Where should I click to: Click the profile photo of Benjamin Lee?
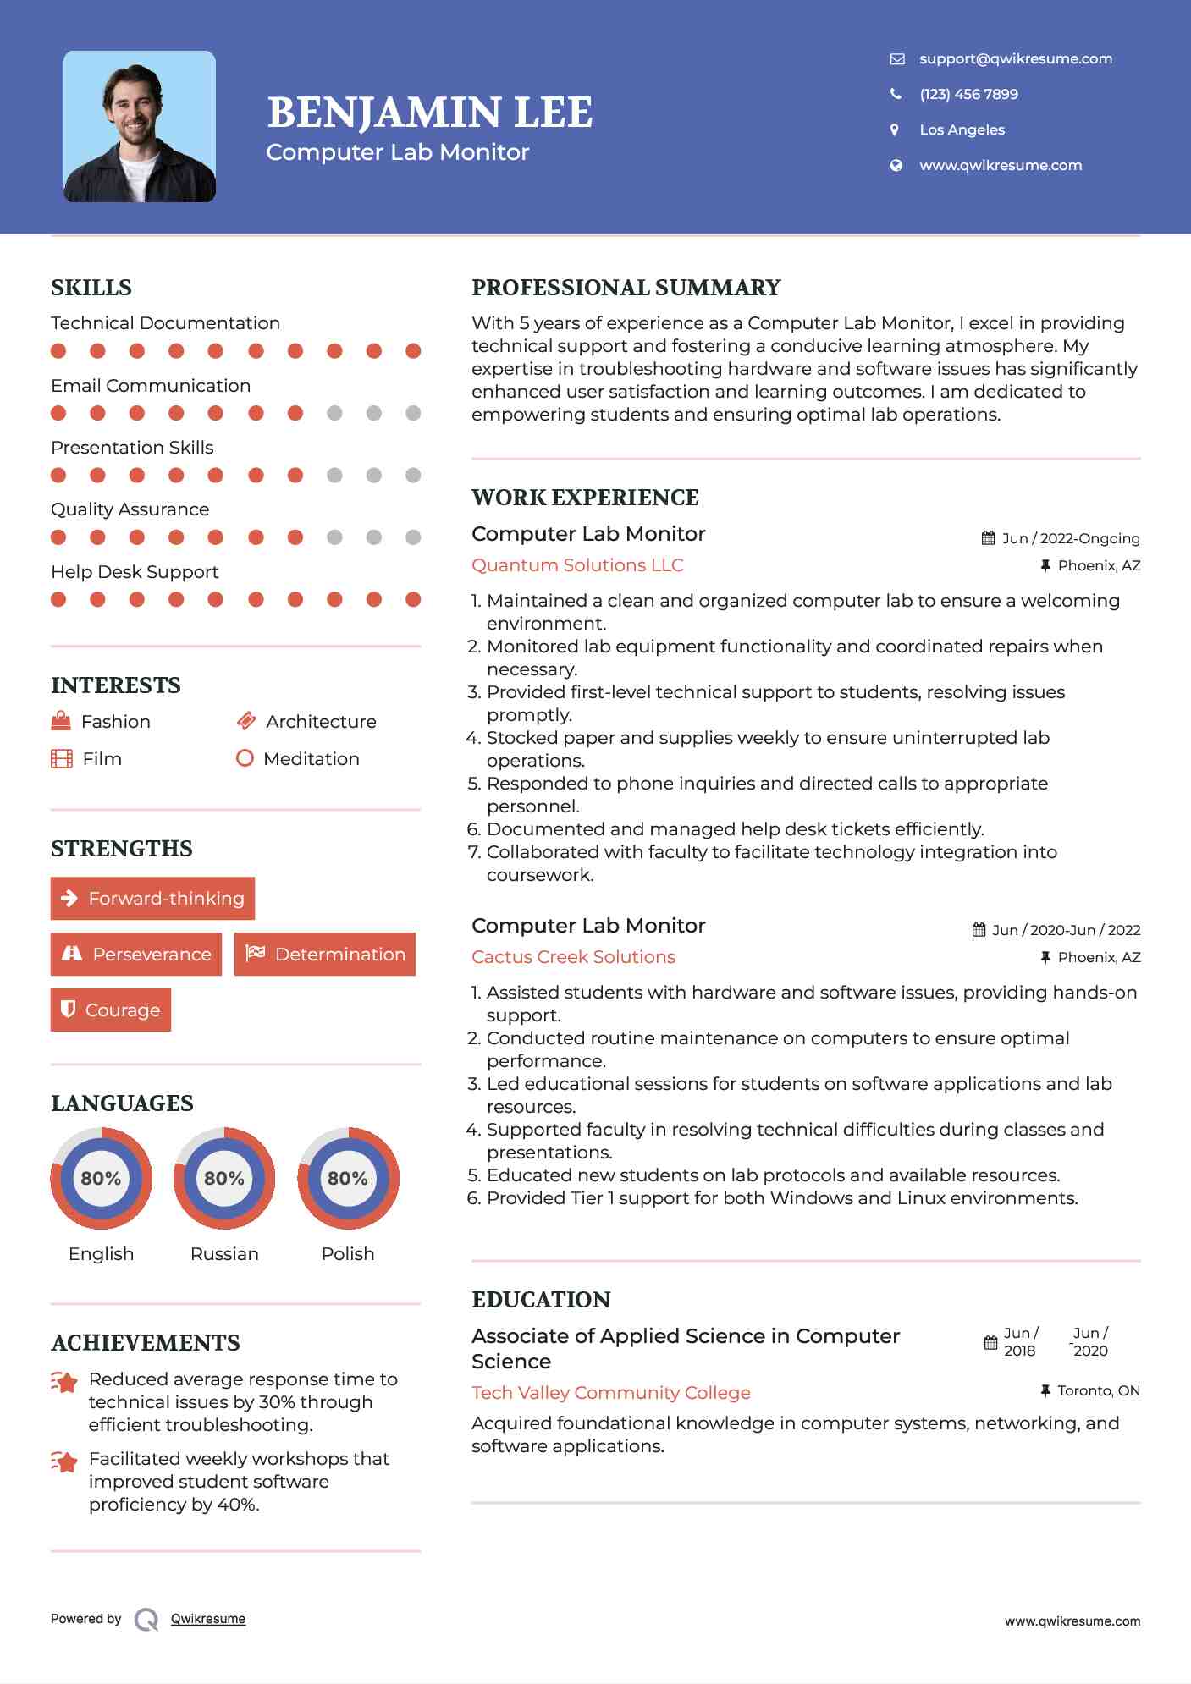pyautogui.click(x=140, y=127)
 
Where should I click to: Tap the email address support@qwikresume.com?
pyautogui.click(x=1015, y=58)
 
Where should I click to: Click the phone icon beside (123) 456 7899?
pyautogui.click(x=896, y=94)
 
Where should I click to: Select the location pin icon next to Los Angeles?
pyautogui.click(x=895, y=129)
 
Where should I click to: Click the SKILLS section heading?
pyautogui.click(x=91, y=288)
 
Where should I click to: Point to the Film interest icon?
pyautogui.click(x=62, y=758)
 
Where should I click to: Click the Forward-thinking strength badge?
pyautogui.click(x=152, y=898)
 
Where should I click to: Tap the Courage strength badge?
pyautogui.click(x=111, y=1010)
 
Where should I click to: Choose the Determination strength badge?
pyautogui.click(x=325, y=954)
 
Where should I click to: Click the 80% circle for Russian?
pyautogui.click(x=224, y=1178)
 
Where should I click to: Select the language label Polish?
pyautogui.click(x=348, y=1253)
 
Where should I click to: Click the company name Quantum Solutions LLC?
pyautogui.click(x=577, y=564)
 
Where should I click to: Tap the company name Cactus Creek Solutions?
pyautogui.click(x=573, y=956)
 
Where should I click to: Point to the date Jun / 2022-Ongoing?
pyautogui.click(x=1070, y=538)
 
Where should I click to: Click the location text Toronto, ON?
pyautogui.click(x=1098, y=1390)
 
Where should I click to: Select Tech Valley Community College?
pyautogui.click(x=610, y=1392)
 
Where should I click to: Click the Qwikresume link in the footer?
pyautogui.click(x=208, y=1619)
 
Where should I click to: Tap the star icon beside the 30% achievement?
pyautogui.click(x=64, y=1382)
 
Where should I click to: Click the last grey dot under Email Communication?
pyautogui.click(x=413, y=413)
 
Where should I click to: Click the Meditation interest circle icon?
pyautogui.click(x=245, y=758)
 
